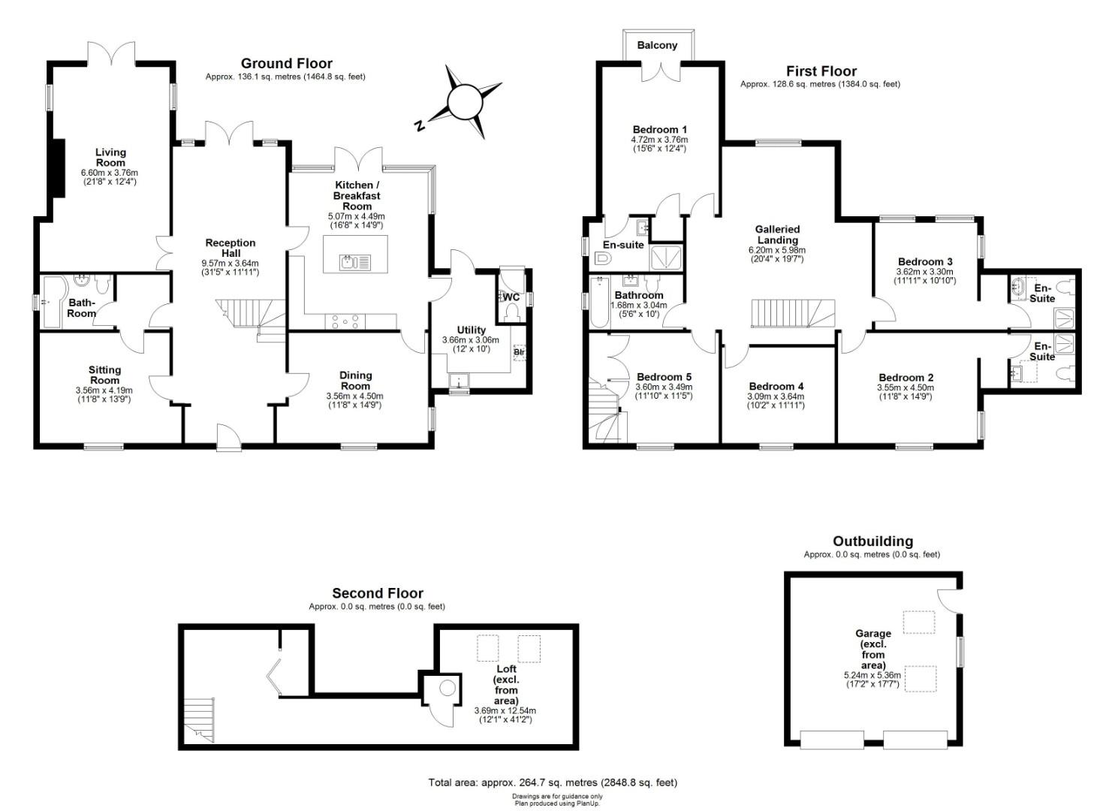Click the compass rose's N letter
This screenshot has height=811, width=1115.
(x=420, y=125)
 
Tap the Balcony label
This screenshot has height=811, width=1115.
(x=657, y=45)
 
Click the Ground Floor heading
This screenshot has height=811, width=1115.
(x=286, y=64)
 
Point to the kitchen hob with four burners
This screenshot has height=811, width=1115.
(x=345, y=321)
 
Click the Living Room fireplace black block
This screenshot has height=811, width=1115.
(x=59, y=168)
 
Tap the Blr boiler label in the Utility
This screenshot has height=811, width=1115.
(x=519, y=352)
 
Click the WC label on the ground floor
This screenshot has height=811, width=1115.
(x=511, y=297)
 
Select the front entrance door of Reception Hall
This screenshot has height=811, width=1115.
(x=229, y=438)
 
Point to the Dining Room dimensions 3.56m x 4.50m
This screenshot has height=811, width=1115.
(x=355, y=396)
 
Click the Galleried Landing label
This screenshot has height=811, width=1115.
(x=777, y=234)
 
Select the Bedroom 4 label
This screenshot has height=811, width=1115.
(x=776, y=386)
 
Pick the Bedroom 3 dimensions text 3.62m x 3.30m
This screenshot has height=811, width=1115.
(x=924, y=272)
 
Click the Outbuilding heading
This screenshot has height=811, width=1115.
(x=872, y=541)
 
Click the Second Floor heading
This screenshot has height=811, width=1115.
(x=378, y=593)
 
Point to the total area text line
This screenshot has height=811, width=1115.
(x=553, y=782)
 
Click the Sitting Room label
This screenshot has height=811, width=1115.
(x=104, y=375)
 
